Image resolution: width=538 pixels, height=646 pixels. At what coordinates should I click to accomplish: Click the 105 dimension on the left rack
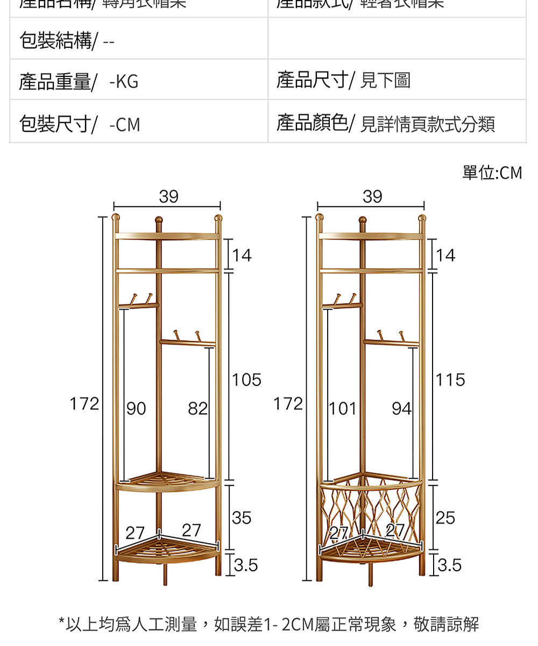[247, 381]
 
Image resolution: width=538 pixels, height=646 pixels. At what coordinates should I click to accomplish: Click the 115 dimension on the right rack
[451, 381]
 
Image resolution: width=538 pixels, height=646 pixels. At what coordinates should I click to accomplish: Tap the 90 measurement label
[136, 409]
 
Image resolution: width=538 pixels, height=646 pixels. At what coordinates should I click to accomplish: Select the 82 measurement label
[198, 409]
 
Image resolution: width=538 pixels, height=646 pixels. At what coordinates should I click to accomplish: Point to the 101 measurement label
[343, 409]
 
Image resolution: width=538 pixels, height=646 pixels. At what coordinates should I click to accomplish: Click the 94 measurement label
[401, 409]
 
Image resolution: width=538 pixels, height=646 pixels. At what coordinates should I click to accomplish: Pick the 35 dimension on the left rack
[242, 518]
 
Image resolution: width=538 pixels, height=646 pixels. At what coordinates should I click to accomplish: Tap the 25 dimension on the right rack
[445, 518]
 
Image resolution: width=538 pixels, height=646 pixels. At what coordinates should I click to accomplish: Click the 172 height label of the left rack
[84, 404]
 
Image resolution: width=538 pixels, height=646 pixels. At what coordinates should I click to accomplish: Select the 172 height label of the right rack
[288, 404]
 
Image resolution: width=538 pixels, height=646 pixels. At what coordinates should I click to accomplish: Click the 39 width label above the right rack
[372, 196]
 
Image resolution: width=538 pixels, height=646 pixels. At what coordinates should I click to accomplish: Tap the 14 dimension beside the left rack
[242, 255]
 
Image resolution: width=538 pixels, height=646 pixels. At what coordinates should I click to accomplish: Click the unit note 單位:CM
[492, 173]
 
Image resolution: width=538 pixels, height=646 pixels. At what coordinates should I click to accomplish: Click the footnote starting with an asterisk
[268, 624]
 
